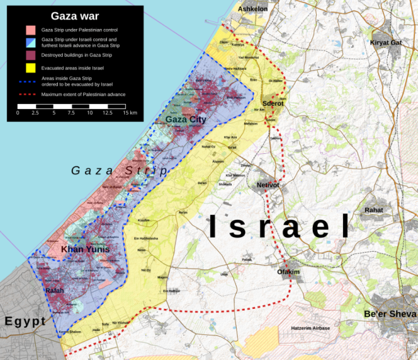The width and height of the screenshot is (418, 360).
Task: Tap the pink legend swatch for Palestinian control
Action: point(30,30)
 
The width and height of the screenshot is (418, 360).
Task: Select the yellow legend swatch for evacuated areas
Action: point(30,68)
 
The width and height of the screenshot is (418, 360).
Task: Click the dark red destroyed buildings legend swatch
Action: point(30,55)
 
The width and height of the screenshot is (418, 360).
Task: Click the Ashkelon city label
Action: point(253,9)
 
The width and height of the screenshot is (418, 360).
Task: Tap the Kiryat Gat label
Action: point(385,42)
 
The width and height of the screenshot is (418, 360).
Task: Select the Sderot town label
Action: point(272,103)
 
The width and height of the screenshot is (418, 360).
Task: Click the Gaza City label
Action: point(185,119)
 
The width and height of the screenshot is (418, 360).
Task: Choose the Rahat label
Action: point(374,210)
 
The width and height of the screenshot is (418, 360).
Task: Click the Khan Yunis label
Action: point(85,249)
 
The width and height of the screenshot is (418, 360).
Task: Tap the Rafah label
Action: point(54,290)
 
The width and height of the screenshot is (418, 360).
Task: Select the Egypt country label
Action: point(25,322)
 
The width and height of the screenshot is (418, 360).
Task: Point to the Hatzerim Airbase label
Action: point(310,328)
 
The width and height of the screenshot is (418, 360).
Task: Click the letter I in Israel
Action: point(213,226)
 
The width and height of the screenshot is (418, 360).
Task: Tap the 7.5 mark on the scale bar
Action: point(72,113)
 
